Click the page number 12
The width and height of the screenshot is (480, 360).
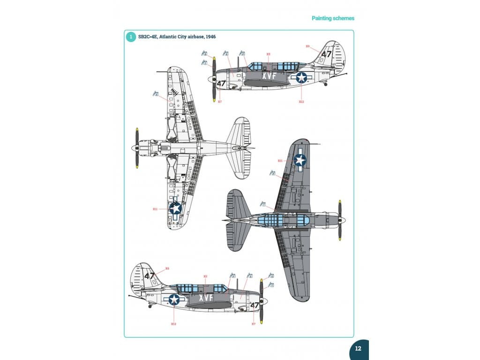click(x=358, y=349)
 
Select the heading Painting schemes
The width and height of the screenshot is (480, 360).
click(x=333, y=18)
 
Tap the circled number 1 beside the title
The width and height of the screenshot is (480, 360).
click(x=131, y=37)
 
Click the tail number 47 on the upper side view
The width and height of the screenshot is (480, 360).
click(x=327, y=54)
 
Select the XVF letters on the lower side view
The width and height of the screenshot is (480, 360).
click(x=206, y=297)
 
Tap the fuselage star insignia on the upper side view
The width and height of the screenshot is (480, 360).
click(x=300, y=77)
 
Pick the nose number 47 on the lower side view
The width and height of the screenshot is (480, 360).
click(x=255, y=306)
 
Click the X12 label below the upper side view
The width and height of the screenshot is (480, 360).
click(x=301, y=101)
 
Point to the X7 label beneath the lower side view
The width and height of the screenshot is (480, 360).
click(x=254, y=324)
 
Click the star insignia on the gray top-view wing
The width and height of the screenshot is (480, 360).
click(x=300, y=161)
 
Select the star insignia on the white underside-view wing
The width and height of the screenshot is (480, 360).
click(x=175, y=208)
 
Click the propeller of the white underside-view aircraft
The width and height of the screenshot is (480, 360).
click(x=137, y=148)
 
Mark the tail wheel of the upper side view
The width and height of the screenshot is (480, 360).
click(x=326, y=84)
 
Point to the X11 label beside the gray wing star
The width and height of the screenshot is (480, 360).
click(x=280, y=161)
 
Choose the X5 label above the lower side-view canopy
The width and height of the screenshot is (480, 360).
click(x=205, y=277)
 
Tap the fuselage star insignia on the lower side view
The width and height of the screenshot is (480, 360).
click(x=174, y=299)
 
